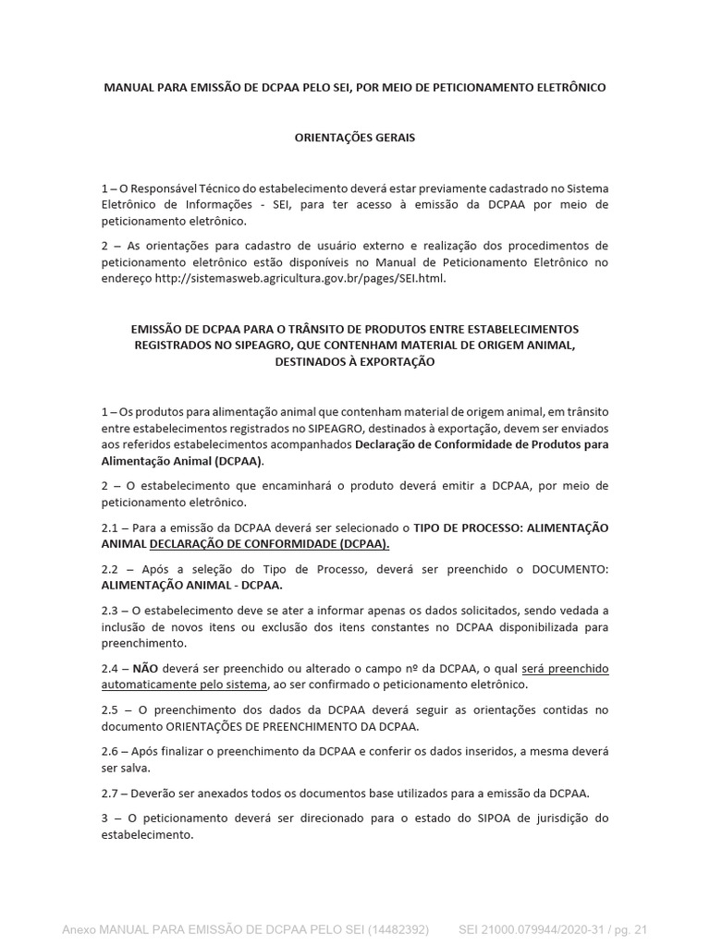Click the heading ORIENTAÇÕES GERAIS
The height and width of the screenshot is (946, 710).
[354, 138]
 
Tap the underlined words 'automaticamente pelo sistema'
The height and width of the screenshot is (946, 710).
[184, 684]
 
